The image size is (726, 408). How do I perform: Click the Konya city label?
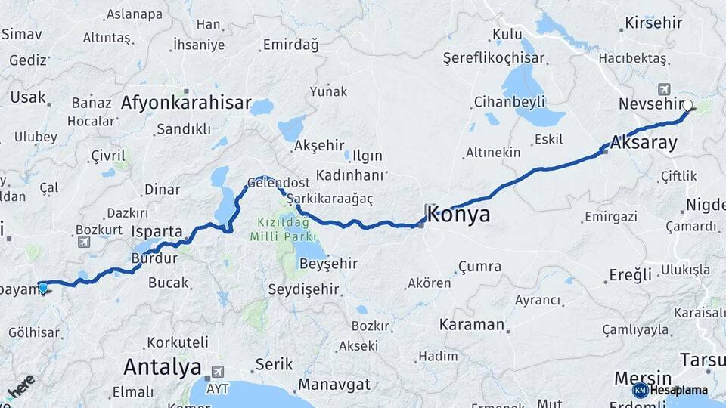(x=458, y=215)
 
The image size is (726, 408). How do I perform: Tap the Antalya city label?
(x=163, y=368)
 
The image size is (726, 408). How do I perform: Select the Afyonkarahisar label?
(x=186, y=103)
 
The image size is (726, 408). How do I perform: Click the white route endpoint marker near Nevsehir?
(x=688, y=106)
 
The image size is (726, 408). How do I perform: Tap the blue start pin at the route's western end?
(x=43, y=287)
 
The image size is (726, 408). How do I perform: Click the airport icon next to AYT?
(x=219, y=372)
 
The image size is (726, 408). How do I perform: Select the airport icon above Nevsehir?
(x=665, y=88)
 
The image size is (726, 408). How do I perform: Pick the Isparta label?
(x=157, y=231)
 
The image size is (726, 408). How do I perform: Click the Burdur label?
(x=154, y=258)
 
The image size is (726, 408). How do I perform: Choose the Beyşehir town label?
(x=329, y=264)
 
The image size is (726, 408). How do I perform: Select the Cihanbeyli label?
(x=506, y=101)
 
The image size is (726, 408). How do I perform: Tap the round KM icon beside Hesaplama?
(x=641, y=390)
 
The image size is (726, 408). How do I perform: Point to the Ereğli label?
(x=630, y=275)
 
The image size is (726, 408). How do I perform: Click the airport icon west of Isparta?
(x=83, y=242)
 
